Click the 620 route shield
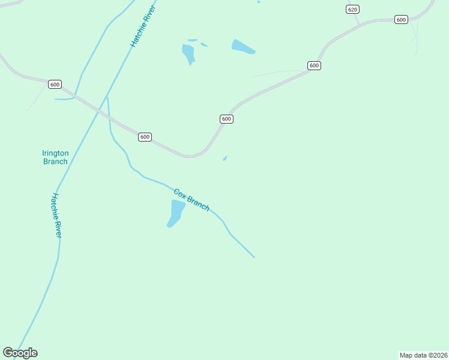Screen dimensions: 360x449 point(352,9)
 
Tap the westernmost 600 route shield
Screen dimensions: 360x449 point(55,85)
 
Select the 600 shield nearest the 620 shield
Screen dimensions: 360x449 point(401,20)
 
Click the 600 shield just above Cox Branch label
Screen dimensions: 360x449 point(145,137)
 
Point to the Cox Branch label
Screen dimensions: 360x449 point(191,200)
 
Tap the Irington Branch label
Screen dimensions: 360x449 point(55,157)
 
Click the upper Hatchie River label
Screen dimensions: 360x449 point(143,28)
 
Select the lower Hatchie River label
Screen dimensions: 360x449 point(57,215)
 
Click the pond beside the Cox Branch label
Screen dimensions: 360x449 point(176,213)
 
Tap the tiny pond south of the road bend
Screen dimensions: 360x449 point(224,158)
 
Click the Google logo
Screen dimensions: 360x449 point(20,353)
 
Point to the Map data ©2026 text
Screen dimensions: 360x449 point(423,355)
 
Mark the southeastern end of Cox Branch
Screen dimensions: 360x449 point(254,257)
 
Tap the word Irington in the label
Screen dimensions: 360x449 point(55,153)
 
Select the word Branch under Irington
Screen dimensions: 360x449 point(55,161)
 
